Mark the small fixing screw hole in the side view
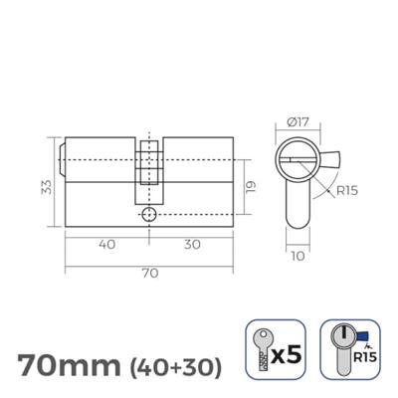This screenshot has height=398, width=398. coord(148,215)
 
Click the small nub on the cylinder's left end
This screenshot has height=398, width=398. coord(63,158)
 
